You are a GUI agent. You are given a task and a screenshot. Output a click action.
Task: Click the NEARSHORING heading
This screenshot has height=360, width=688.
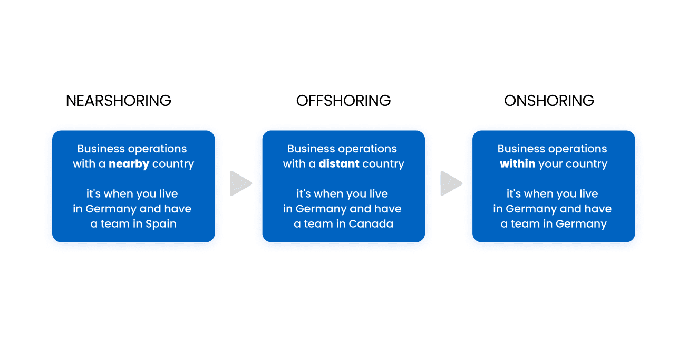coord(119,101)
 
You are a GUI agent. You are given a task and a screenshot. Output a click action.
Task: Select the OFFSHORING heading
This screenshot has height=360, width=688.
coord(343,101)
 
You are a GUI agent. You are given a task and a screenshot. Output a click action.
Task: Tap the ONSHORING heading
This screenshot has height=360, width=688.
coord(549,101)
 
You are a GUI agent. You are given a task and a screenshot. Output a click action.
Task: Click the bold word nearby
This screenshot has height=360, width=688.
coord(129,164)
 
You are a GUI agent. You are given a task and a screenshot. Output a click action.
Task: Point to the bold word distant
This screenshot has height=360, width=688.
coord(338,164)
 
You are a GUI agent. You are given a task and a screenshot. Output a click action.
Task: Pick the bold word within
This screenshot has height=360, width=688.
coord(517,164)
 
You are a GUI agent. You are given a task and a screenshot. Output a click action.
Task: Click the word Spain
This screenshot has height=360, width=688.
coord(161,224)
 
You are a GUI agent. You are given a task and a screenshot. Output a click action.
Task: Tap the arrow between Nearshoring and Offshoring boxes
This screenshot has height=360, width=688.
coord(240,183)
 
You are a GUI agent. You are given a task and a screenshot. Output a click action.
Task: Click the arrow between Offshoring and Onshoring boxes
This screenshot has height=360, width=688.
coord(451,183)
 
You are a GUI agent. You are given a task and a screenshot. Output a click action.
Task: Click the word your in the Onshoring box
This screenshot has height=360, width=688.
coord(550,164)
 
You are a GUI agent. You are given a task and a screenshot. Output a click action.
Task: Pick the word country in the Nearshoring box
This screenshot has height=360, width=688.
coord(173,164)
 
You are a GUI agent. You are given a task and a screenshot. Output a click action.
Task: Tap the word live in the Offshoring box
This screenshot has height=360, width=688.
coord(378,194)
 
